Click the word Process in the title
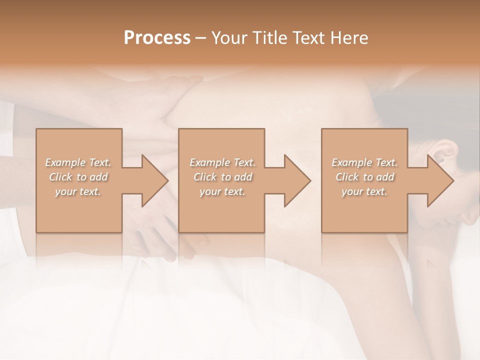point(157,38)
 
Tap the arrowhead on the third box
point(439,180)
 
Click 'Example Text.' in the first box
point(78,162)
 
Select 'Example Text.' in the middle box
point(222,162)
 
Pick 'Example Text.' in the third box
point(364,162)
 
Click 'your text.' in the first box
point(78,191)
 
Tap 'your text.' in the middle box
point(222,191)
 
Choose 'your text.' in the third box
point(364,191)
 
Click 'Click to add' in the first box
point(78,177)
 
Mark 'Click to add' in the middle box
point(222,177)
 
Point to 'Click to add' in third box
point(364,177)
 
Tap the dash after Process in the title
point(201,38)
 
